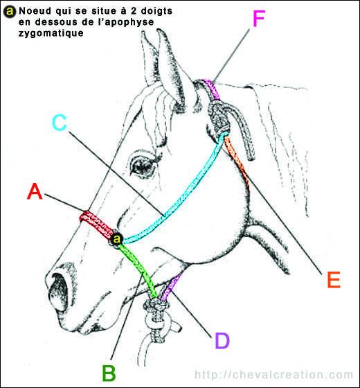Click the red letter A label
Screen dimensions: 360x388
[35, 192]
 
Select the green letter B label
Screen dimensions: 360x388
[109, 373]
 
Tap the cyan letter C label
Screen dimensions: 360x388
[60, 123]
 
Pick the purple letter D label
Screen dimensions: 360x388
[222, 340]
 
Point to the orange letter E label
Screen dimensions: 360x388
[334, 280]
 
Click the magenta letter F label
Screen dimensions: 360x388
[259, 19]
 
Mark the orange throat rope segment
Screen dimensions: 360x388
[237, 161]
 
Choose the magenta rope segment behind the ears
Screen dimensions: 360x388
[210, 89]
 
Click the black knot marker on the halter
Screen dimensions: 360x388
[117, 240]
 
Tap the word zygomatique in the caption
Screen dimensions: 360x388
[51, 33]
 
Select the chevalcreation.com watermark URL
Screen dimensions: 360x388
[274, 375]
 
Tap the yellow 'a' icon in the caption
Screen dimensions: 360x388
[10, 11]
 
